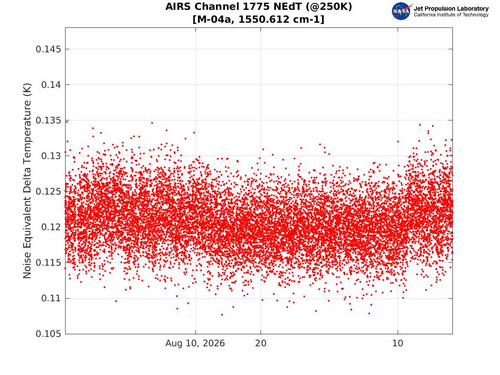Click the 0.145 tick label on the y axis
pyautogui.click(x=48, y=49)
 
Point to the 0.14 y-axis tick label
pyautogui.click(x=51, y=85)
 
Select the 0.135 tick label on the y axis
pyautogui.click(x=48, y=120)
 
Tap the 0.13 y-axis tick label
pyautogui.click(x=51, y=156)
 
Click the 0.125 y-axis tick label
pyautogui.click(x=48, y=192)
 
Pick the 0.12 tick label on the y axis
pyautogui.click(x=51, y=227)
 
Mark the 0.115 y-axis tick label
pyautogui.click(x=48, y=263)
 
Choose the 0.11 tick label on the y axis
pyautogui.click(x=51, y=298)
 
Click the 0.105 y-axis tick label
pyautogui.click(x=48, y=334)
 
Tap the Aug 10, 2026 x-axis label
pyautogui.click(x=195, y=343)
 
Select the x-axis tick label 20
pyautogui.click(x=260, y=343)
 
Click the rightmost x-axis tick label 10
pyautogui.click(x=398, y=343)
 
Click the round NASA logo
pyautogui.click(x=401, y=12)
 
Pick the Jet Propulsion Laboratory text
pyautogui.click(x=451, y=9)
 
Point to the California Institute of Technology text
pyautogui.click(x=451, y=15)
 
